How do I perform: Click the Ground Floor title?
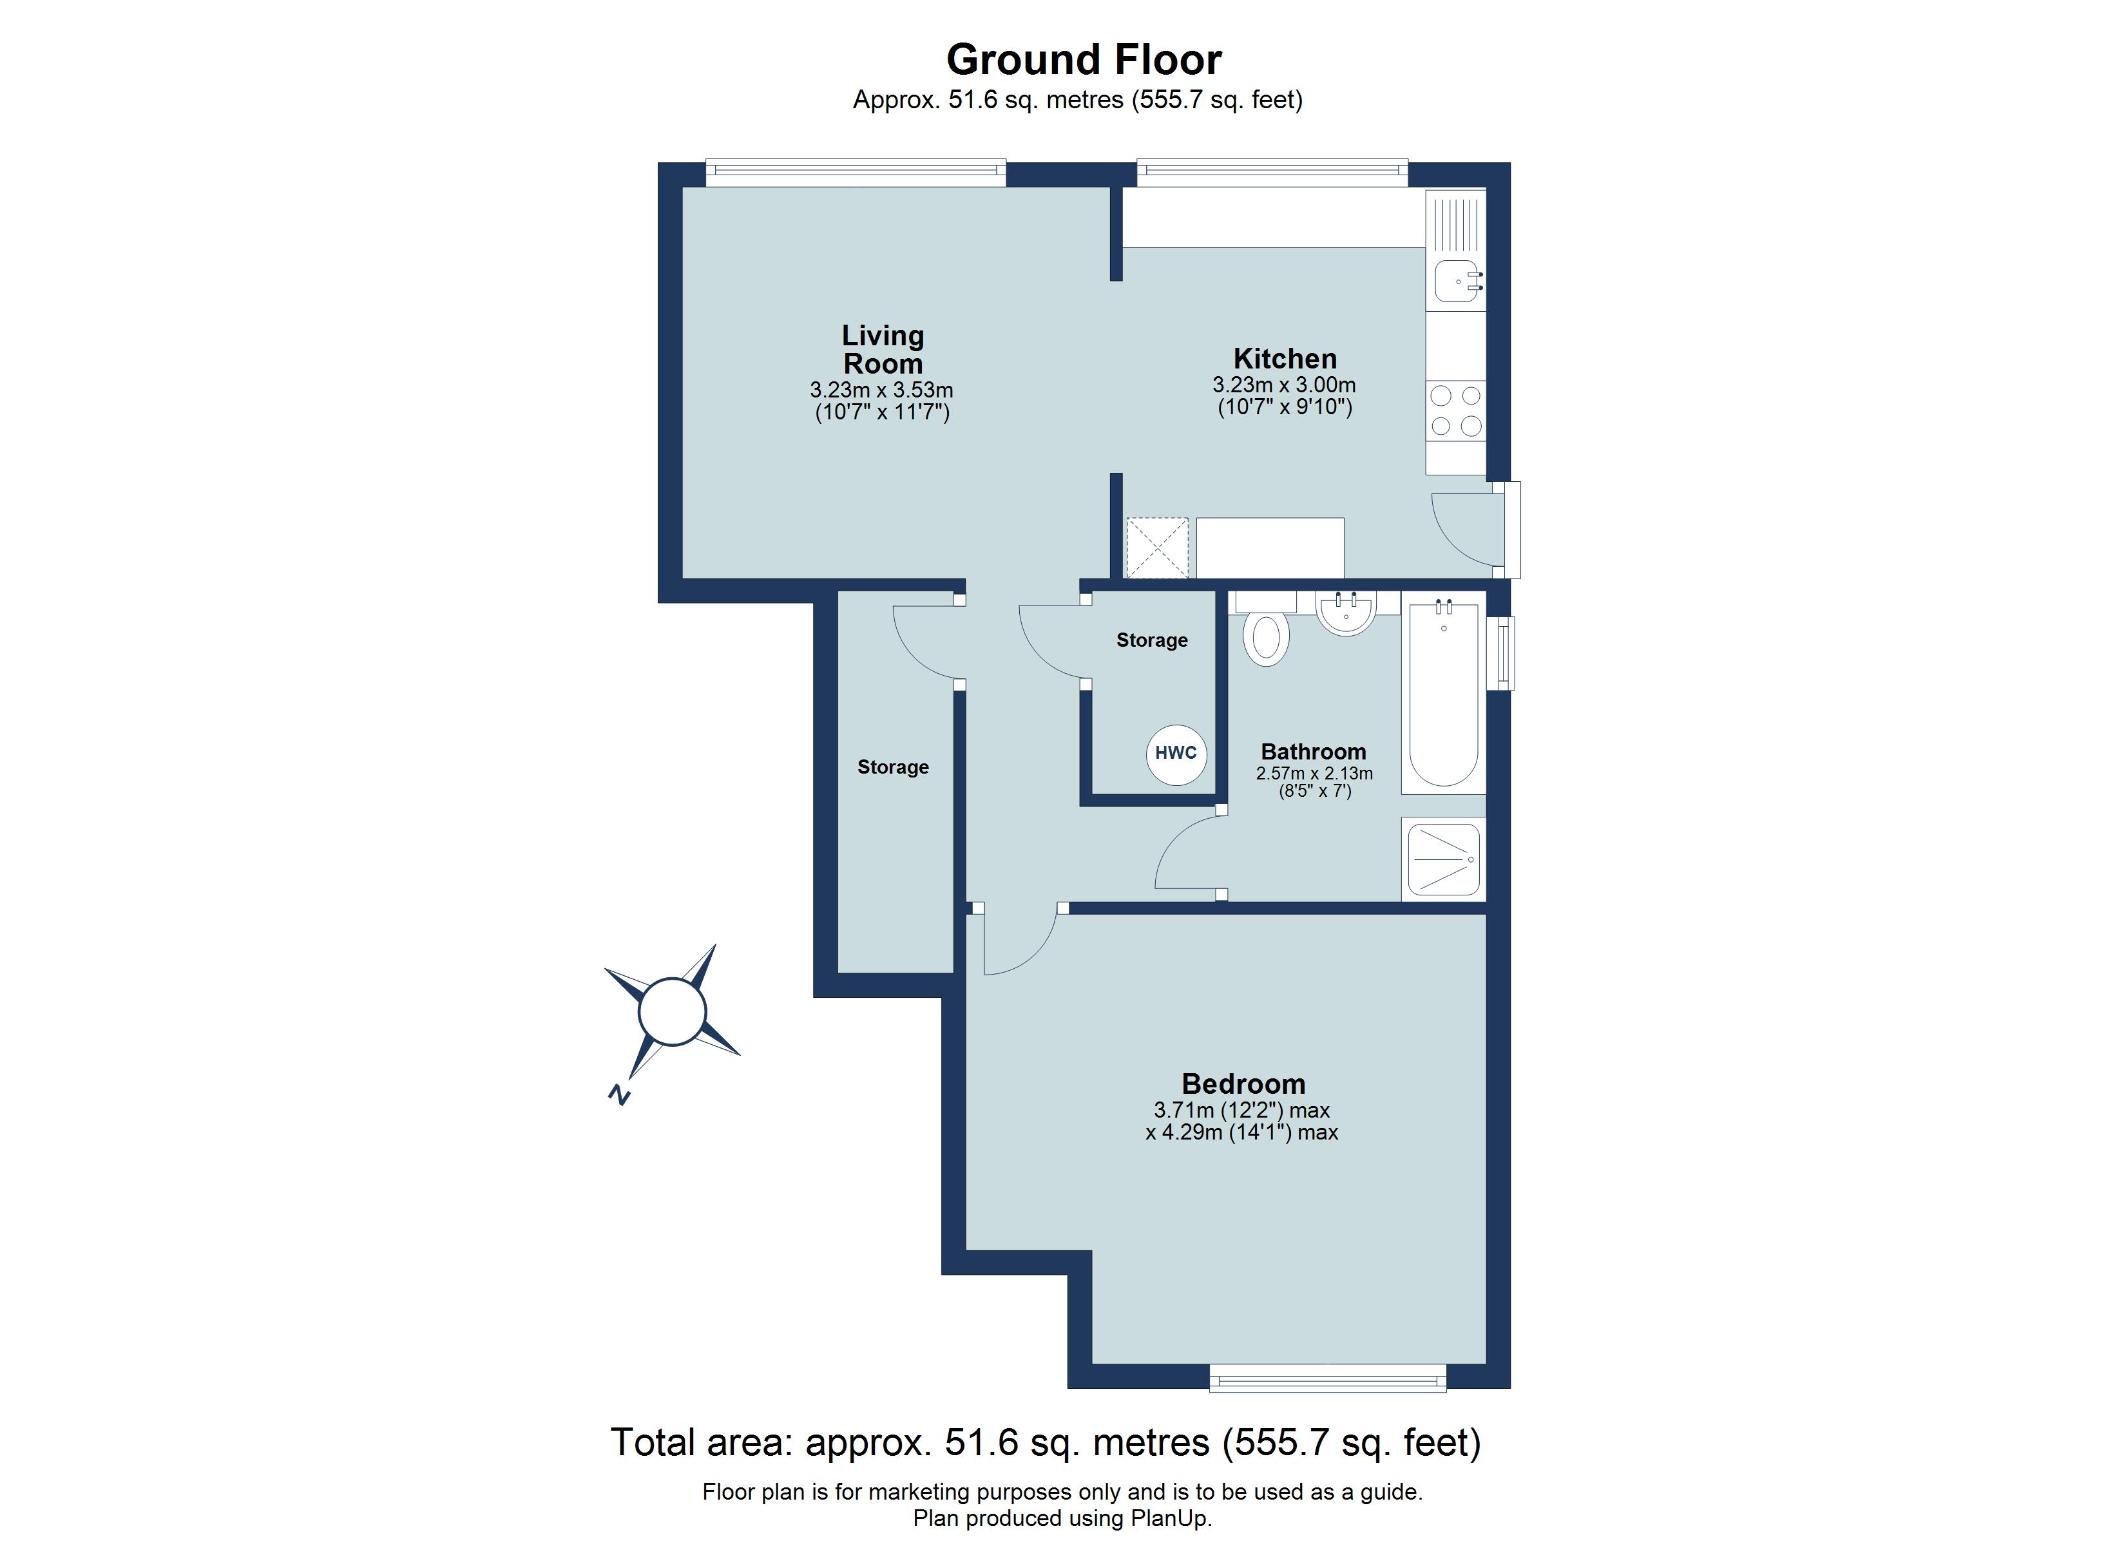(1084, 60)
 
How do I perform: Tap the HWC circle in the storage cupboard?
(1176, 754)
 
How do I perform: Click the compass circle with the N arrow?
(672, 1011)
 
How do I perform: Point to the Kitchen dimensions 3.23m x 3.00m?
(1283, 385)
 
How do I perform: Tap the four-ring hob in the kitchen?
(1456, 410)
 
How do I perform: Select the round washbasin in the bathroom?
(1346, 613)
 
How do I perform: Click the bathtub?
(1444, 693)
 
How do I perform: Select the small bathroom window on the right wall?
(1502, 653)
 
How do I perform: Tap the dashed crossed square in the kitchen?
(1157, 548)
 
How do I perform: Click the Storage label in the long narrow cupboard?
(892, 767)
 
